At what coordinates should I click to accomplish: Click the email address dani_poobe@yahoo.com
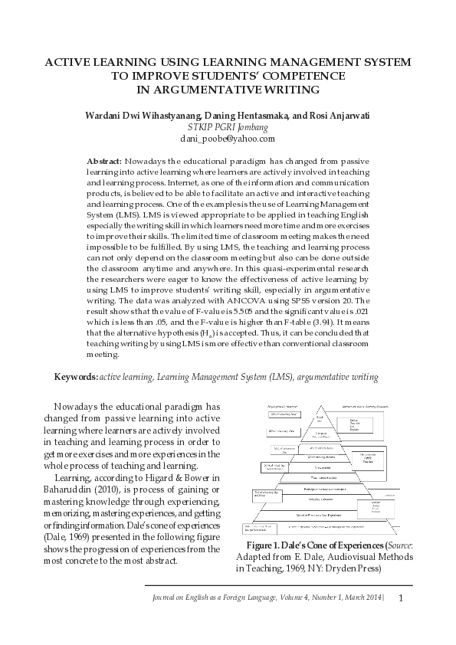(228, 139)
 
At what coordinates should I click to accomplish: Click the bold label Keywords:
(75, 378)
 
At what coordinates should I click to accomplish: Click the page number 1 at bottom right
(400, 598)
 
